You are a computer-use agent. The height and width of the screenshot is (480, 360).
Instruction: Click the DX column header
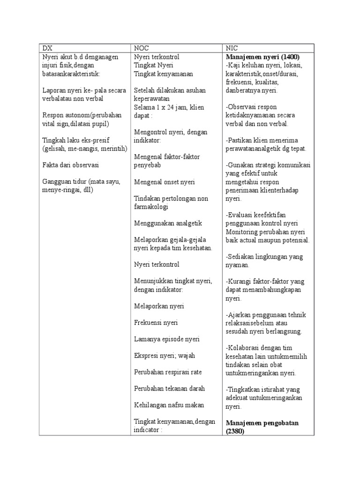tap(47, 48)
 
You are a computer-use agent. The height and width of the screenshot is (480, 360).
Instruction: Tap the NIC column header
tap(232, 48)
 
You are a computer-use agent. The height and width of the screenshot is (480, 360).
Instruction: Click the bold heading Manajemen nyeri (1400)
tap(262, 57)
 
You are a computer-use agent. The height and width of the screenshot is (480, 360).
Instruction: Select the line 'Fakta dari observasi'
tap(70, 165)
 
